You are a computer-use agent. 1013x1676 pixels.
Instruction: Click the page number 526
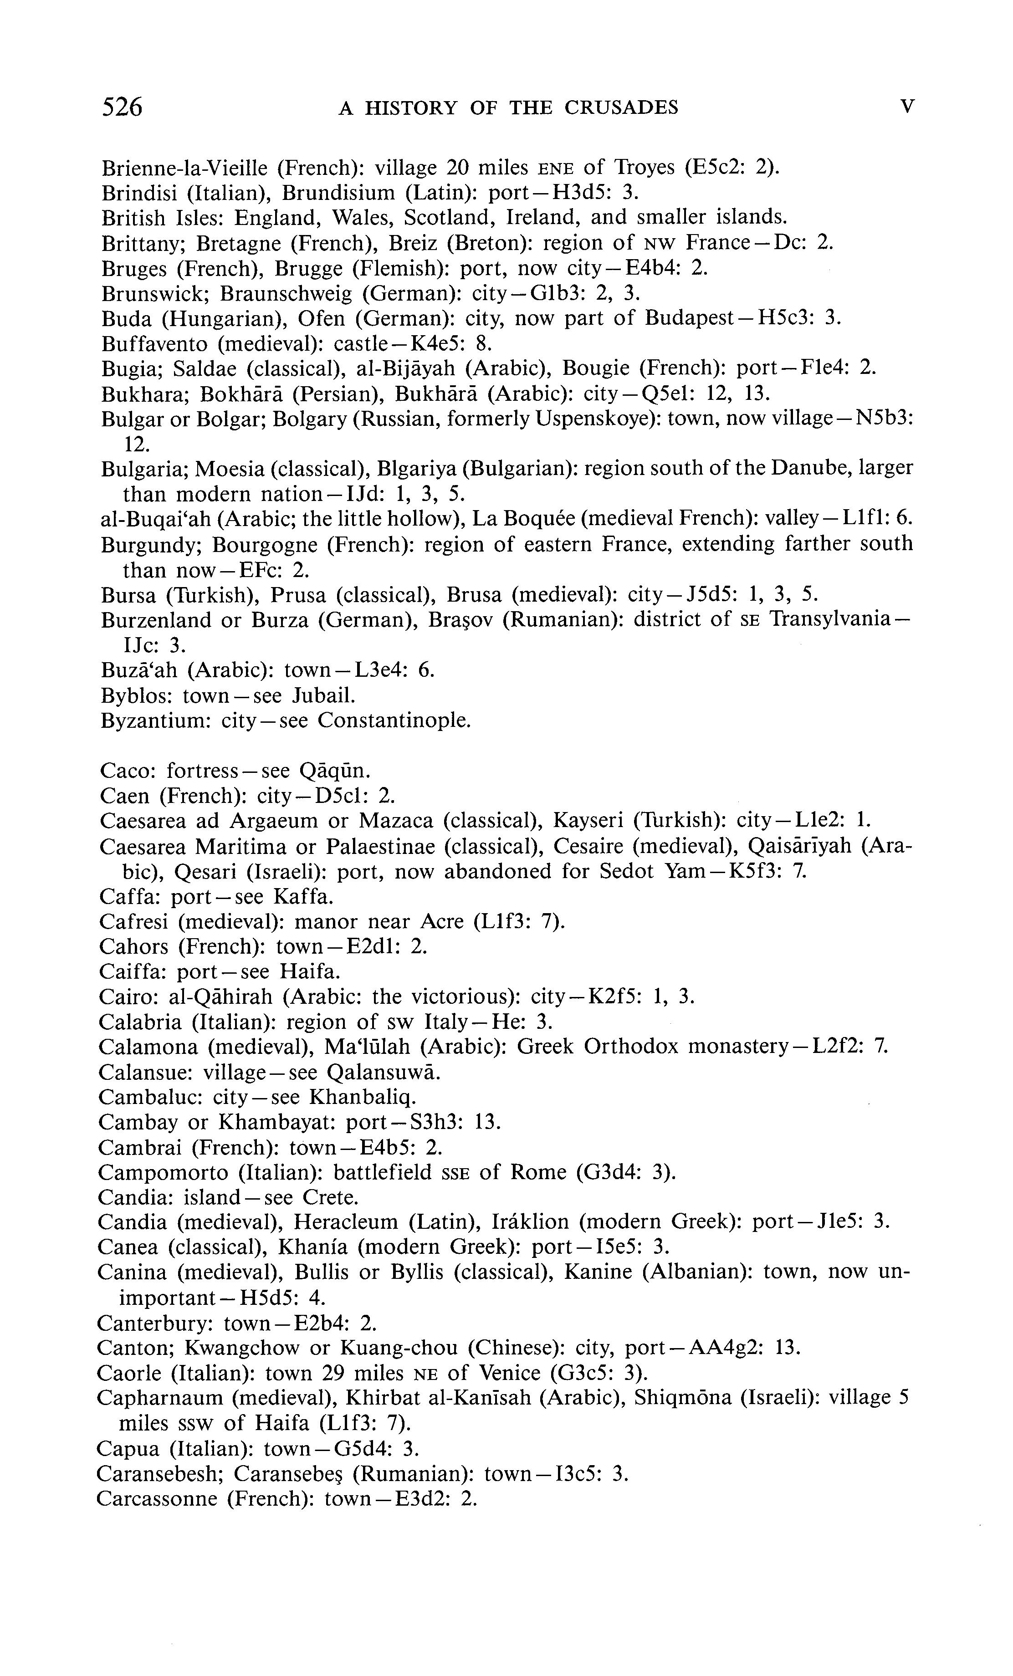123,107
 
